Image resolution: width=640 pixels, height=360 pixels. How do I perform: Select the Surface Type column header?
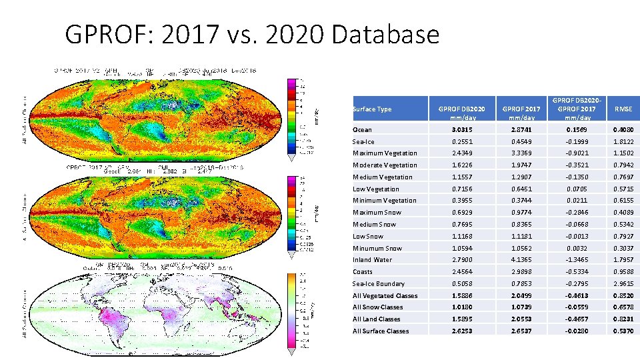(371, 109)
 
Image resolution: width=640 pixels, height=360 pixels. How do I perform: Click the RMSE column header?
(623, 109)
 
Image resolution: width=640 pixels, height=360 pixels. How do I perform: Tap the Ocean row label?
(362, 130)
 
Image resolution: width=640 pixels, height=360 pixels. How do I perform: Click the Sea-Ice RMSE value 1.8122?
(623, 142)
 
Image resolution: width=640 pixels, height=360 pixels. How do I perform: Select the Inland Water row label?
(372, 260)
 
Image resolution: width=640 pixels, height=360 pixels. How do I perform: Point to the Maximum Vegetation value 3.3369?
(521, 153)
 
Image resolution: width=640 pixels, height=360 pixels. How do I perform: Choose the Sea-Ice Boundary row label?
(378, 284)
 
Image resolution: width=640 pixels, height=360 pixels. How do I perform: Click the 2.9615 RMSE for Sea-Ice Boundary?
(623, 284)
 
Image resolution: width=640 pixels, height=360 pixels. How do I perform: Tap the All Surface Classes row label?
(381, 331)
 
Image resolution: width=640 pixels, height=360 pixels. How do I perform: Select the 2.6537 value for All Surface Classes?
(521, 331)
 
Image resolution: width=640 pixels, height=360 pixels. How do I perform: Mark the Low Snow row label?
(368, 237)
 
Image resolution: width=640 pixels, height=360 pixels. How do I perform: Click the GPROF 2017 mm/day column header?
(521, 109)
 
